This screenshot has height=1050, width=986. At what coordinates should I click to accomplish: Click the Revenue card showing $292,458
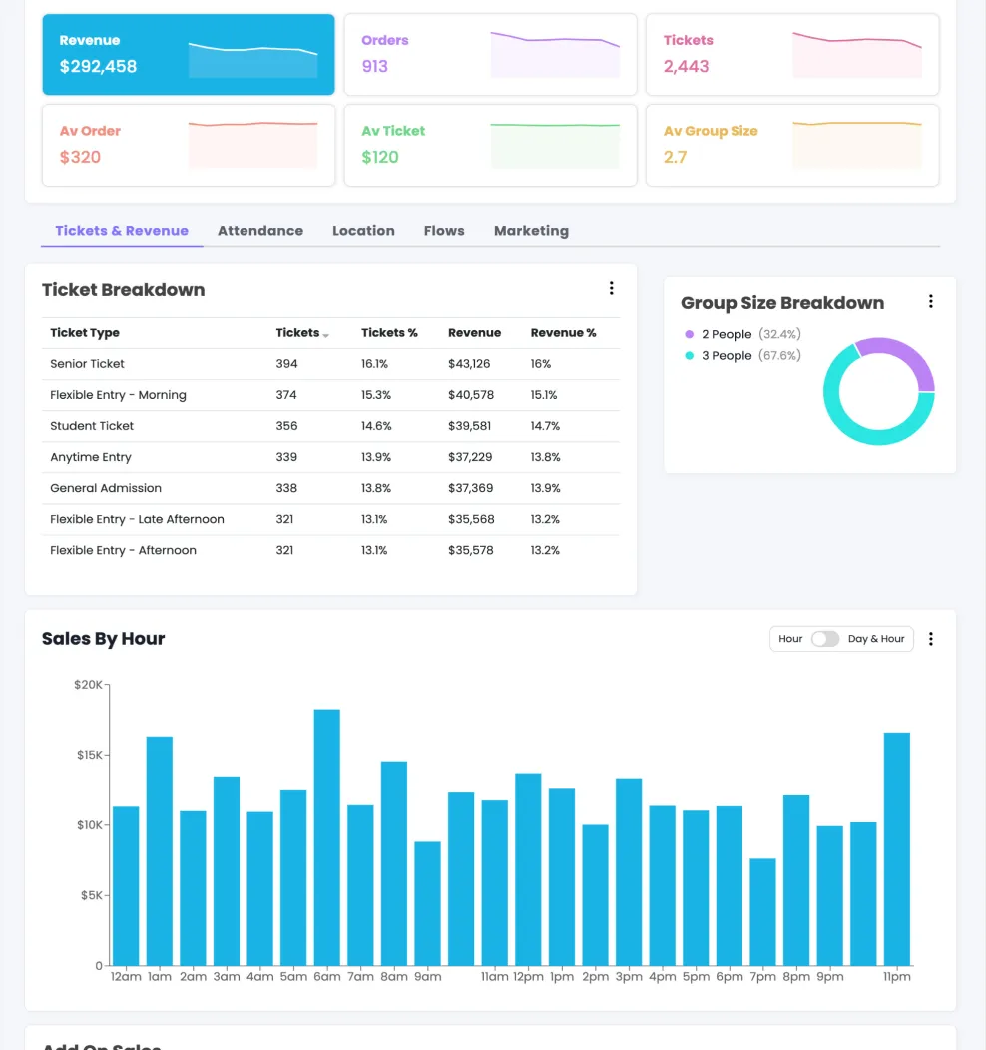[189, 55]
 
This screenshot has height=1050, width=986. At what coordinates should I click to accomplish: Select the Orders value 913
[375, 67]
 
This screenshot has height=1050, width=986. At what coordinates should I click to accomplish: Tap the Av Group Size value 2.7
[676, 157]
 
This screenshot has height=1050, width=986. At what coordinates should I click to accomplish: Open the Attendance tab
[260, 231]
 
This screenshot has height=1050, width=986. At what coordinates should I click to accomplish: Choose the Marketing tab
[531, 231]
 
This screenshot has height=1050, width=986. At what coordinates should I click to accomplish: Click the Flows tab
[444, 231]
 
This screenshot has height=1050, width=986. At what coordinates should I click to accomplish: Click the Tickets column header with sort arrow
[301, 333]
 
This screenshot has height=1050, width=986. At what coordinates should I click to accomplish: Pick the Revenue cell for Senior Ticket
[469, 364]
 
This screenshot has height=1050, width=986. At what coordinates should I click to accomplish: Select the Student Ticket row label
[92, 426]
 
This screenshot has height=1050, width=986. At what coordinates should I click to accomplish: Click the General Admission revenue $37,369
[471, 488]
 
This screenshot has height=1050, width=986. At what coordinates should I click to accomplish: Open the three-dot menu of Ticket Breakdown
[612, 289]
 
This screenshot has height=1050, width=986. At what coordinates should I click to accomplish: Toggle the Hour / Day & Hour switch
[825, 639]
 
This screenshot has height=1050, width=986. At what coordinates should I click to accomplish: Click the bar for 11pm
[897, 848]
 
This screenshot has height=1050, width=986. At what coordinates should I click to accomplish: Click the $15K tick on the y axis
[89, 755]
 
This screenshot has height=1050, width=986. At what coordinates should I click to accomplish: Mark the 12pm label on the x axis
[528, 977]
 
